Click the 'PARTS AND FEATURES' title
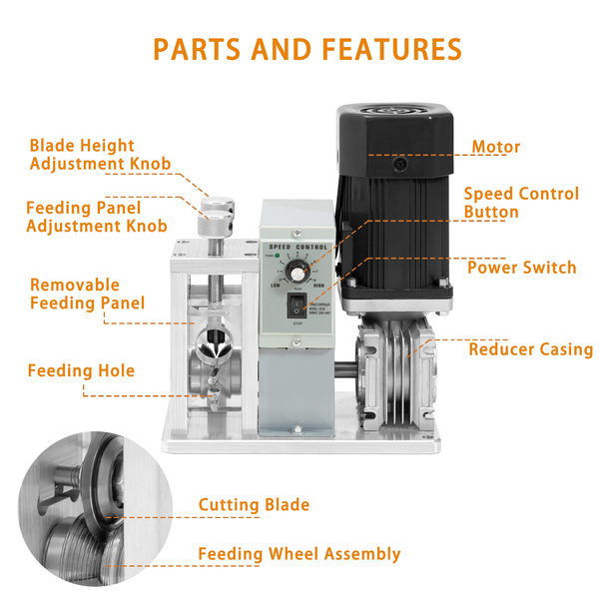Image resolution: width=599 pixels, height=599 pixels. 307,49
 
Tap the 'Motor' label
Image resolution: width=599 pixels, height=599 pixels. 496,148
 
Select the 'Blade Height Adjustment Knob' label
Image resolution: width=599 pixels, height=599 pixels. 100,155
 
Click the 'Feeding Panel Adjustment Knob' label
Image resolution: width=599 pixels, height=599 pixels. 97,217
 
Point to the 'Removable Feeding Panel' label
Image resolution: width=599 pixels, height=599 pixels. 87,294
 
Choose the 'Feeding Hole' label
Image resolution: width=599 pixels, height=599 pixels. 81,371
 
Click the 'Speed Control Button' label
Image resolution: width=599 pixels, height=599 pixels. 520,203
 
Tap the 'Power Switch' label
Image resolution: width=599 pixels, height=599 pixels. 521,268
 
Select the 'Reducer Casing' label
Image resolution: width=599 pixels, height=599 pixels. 530,349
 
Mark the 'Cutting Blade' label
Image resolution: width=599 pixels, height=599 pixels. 254,505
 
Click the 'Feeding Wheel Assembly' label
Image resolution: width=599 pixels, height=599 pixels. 299,554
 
